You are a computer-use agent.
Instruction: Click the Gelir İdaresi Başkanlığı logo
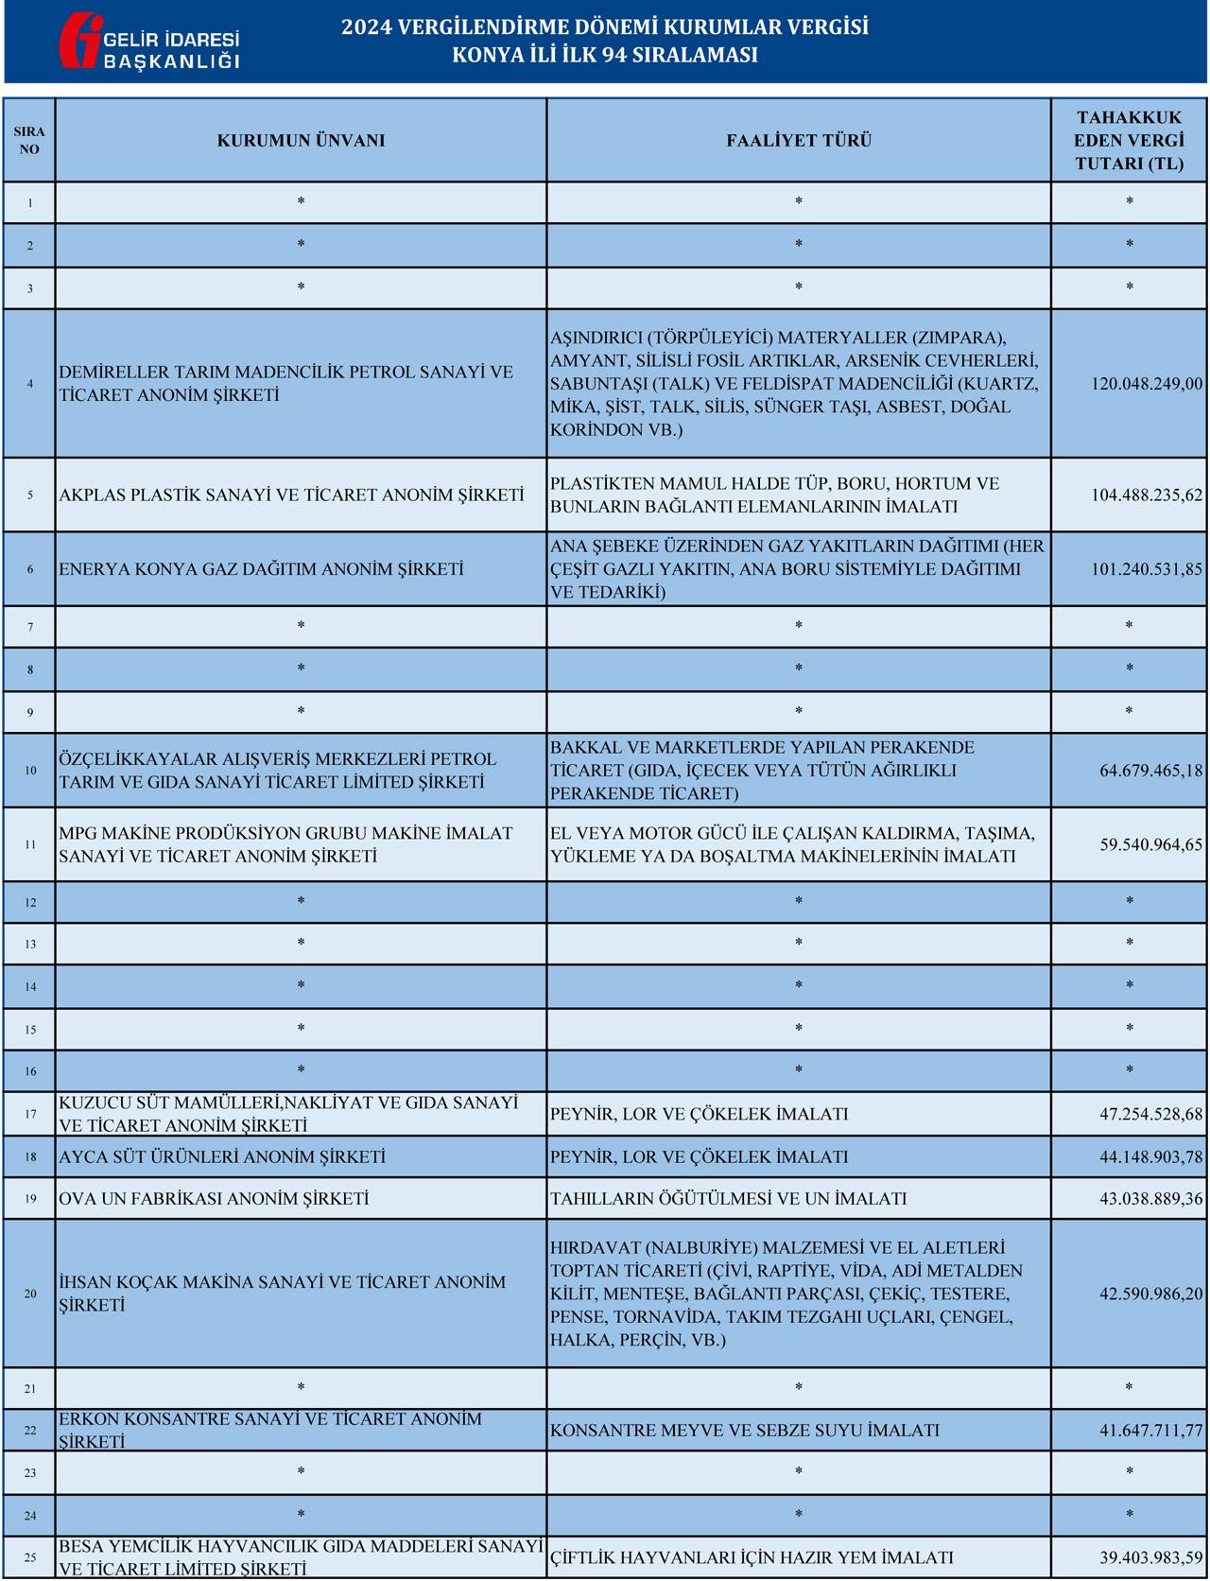[148, 41]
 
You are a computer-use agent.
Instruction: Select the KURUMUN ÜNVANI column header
[301, 141]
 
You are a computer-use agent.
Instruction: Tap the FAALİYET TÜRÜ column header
[799, 141]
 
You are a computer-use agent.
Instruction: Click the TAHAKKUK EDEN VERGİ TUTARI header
[1129, 141]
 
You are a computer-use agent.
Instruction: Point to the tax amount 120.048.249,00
[1147, 384]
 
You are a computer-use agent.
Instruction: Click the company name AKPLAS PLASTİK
[291, 495]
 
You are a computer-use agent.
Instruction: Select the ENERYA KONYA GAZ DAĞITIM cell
[262, 569]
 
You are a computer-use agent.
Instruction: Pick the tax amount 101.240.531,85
[1147, 569]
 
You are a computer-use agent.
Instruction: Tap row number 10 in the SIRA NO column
[30, 771]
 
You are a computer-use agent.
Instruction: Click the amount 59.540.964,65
[1150, 844]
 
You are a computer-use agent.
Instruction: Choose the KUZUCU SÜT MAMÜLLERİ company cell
[288, 1114]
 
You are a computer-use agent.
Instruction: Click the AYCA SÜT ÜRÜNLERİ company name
[222, 1156]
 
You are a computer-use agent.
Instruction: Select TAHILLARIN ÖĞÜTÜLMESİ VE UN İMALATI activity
[728, 1199]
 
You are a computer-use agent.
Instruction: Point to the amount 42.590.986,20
[1150, 1294]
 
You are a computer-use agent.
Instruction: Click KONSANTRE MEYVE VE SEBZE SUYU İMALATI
[745, 1431]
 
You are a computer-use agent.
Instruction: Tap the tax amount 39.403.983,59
[1150, 1557]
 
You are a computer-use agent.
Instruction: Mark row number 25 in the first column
[30, 1557]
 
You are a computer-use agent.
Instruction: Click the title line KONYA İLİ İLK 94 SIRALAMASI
[605, 55]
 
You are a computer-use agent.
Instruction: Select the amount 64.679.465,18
[1150, 771]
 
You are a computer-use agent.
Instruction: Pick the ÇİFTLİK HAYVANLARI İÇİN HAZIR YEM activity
[752, 1557]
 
